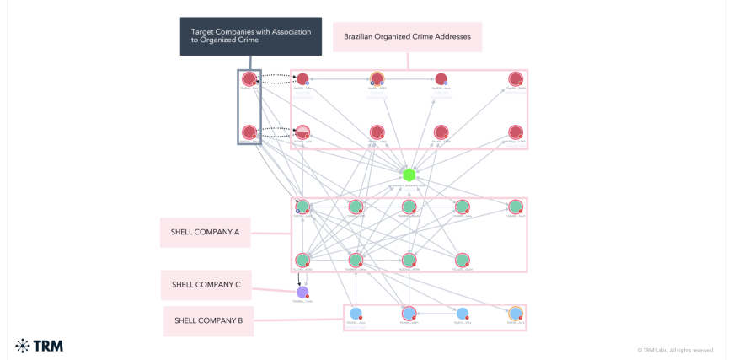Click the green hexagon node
coord(409,175)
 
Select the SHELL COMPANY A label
coord(206,233)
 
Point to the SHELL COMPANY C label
coord(206,285)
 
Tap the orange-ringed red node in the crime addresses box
coord(377,79)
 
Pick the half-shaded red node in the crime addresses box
coord(302,132)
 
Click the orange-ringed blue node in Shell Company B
coord(516,314)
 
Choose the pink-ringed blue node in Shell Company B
coord(409,314)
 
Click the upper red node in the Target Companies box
coord(249,79)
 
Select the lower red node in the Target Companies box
coord(249,132)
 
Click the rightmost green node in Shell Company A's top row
coord(516,207)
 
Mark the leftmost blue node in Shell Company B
coord(356,314)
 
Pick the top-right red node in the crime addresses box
coord(516,79)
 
